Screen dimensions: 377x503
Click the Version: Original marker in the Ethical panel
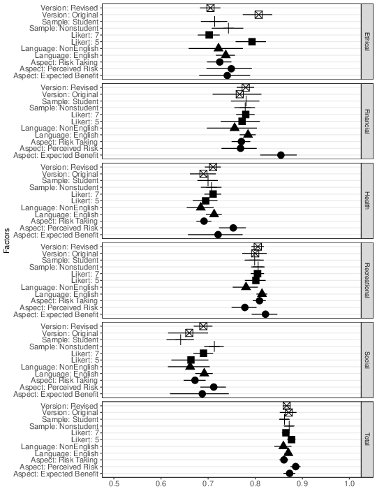point(258,15)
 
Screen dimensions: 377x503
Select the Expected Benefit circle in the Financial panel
point(281,155)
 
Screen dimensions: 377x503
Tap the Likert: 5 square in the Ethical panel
point(252,42)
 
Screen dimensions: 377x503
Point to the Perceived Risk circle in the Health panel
point(233,228)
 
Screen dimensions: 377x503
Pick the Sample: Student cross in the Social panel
point(181,340)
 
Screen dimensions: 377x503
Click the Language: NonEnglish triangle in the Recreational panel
point(246,286)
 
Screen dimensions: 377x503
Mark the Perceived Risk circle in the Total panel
point(295,467)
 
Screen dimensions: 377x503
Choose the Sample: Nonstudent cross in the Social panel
point(214,347)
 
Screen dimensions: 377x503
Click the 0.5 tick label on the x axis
point(114,483)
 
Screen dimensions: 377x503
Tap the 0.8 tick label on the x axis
point(256,483)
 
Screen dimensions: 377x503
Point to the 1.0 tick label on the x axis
point(350,483)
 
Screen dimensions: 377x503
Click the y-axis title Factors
point(7,240)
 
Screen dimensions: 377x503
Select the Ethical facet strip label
point(367,41)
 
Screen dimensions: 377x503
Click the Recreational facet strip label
point(367,280)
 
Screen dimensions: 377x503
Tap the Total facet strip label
point(367,439)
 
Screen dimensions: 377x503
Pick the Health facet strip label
point(367,201)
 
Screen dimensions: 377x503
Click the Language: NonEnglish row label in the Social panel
point(59,367)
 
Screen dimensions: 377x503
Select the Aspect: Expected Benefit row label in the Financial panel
point(56,156)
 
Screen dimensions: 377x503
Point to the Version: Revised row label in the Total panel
point(69,406)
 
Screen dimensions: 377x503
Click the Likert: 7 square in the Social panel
point(204,353)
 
